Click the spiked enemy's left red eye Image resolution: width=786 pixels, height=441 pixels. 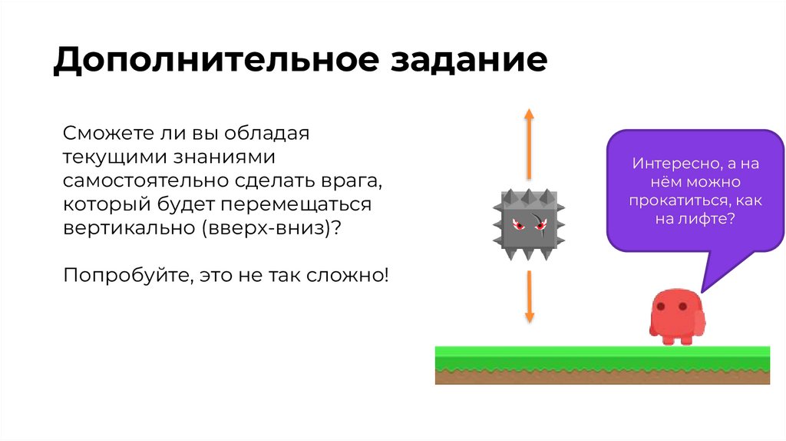[x=517, y=224]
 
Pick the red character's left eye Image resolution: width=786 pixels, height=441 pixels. [x=664, y=307]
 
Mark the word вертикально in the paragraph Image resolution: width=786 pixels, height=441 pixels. [x=122, y=230]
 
